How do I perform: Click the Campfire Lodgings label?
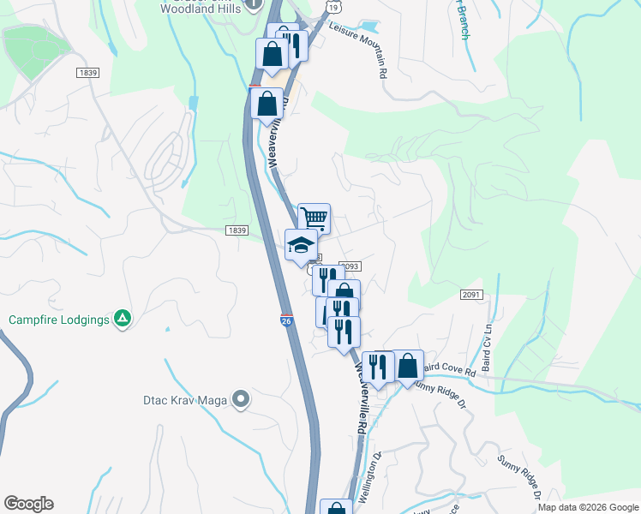pyautogui.click(x=59, y=320)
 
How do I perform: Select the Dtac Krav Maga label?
pyautogui.click(x=188, y=398)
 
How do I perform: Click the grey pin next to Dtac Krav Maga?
pyautogui.click(x=242, y=398)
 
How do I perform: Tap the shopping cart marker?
pyautogui.click(x=314, y=218)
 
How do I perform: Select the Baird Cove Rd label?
pyautogui.click(x=448, y=372)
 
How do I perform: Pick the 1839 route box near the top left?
pyautogui.click(x=87, y=73)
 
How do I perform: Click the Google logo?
pyautogui.click(x=28, y=504)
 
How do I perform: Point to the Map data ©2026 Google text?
pyautogui.click(x=587, y=507)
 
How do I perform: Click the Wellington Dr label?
pyautogui.click(x=368, y=481)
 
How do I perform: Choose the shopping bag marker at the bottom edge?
pyautogui.click(x=336, y=508)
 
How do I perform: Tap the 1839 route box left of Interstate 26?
pyautogui.click(x=237, y=230)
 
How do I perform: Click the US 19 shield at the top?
pyautogui.click(x=330, y=6)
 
